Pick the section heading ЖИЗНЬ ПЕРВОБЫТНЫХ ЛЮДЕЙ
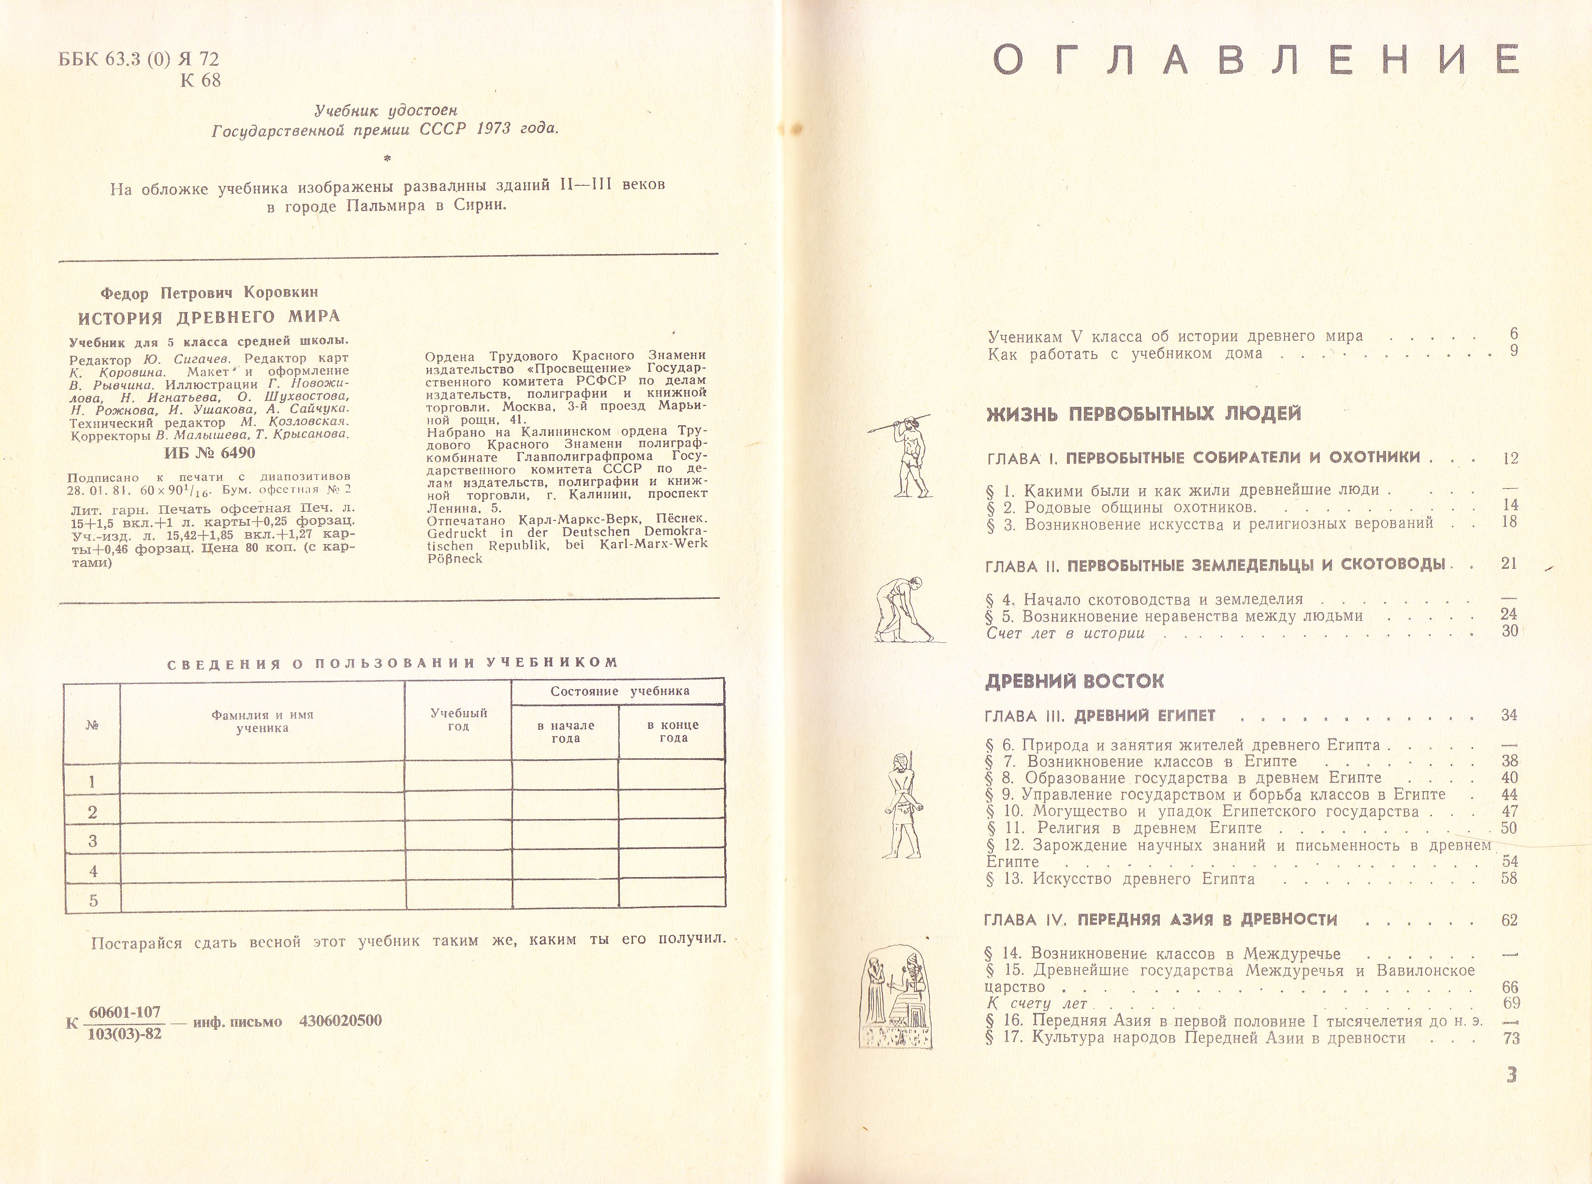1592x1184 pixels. click(x=1143, y=414)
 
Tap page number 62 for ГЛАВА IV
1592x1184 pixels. click(x=1509, y=920)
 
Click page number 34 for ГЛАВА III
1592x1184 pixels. click(x=1509, y=715)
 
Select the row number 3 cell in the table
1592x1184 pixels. click(x=92, y=841)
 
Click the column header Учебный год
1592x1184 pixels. click(x=459, y=719)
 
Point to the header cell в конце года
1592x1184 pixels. click(x=672, y=731)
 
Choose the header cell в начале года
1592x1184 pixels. click(x=566, y=731)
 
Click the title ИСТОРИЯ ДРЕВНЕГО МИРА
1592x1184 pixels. click(x=208, y=317)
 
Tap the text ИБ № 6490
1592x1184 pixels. click(x=209, y=453)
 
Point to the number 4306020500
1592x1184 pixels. click(x=340, y=1021)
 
